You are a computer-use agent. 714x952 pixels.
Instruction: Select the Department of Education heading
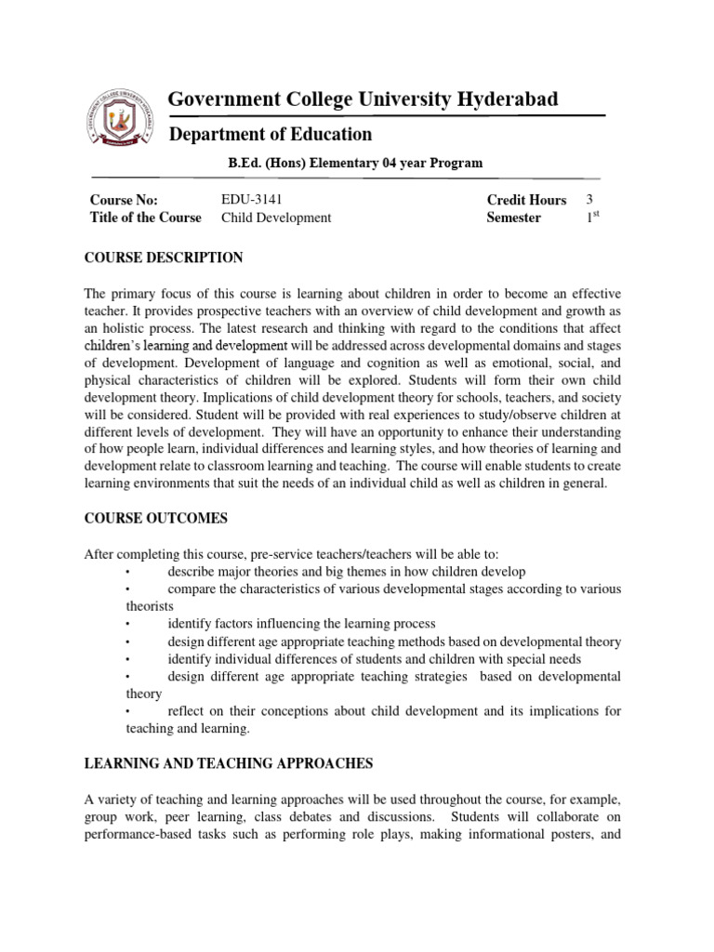click(270, 134)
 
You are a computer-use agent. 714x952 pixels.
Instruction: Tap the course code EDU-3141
click(251, 200)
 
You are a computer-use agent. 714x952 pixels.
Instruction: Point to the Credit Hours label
click(526, 200)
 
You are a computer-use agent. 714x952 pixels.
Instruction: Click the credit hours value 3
click(589, 200)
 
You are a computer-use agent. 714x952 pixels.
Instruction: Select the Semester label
click(514, 218)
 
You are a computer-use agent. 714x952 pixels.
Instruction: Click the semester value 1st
click(591, 217)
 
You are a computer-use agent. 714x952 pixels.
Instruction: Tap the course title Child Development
click(275, 218)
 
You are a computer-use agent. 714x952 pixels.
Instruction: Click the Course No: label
click(124, 200)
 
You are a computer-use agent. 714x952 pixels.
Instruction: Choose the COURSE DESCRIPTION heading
click(164, 258)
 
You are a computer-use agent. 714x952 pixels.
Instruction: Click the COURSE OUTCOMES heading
click(155, 518)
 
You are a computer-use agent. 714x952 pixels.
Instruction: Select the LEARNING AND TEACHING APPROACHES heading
click(229, 763)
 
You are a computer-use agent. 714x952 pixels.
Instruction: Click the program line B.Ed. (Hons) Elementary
click(356, 163)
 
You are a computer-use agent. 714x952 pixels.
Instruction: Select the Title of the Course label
click(145, 218)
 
